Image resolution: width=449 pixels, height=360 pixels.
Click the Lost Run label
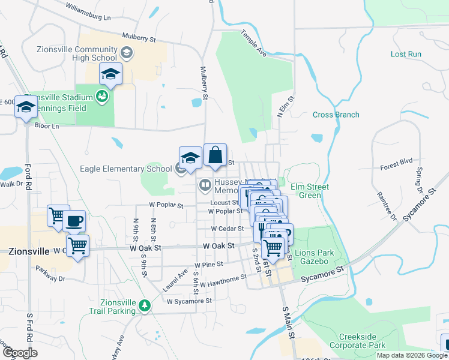[x=406, y=54]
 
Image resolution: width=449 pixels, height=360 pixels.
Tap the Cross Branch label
[x=336, y=115]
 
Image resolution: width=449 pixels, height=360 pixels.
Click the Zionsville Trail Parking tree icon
[x=145, y=305]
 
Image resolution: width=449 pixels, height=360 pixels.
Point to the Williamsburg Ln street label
[x=89, y=9]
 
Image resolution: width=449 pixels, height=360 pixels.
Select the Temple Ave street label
[x=253, y=44]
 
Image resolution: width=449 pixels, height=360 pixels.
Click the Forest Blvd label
[x=397, y=161]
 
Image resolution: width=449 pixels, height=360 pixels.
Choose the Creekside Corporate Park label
[x=362, y=341]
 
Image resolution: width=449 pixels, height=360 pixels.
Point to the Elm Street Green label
[x=310, y=191]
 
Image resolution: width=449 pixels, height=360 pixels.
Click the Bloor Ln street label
[x=47, y=127]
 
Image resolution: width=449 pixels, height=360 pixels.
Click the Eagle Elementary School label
[x=125, y=169]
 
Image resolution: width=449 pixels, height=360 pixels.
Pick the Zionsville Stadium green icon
[x=103, y=97]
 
